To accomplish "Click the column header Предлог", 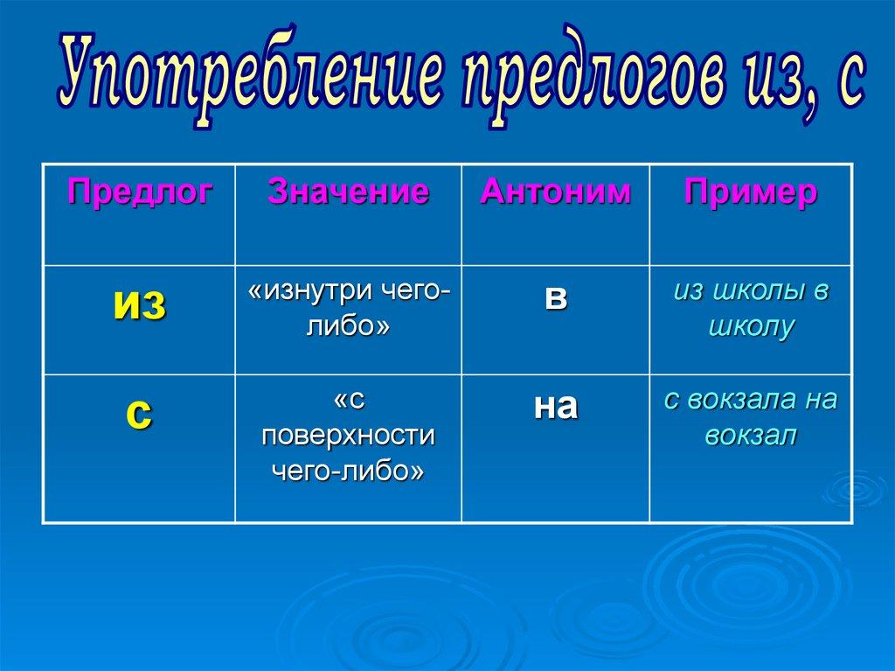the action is tap(140, 192).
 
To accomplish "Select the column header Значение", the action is tap(348, 192).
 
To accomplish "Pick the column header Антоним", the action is tap(555, 192).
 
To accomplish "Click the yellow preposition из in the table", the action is tap(140, 306).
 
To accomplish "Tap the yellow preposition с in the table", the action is tap(139, 414).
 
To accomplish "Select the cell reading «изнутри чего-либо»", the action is tap(349, 309).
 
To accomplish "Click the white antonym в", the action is tap(555, 298).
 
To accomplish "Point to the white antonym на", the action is tap(555, 408).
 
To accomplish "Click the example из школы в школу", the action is tap(751, 309).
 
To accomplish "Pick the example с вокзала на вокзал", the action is tap(751, 418).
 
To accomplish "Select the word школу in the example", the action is tap(751, 327).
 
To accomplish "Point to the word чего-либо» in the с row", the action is tap(348, 472).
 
